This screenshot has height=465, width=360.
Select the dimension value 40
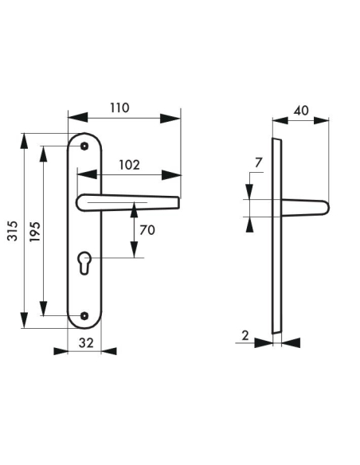pyautogui.click(x=300, y=110)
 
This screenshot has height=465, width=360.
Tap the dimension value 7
pyautogui.click(x=256, y=163)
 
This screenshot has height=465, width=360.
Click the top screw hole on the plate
pyautogui.click(x=84, y=146)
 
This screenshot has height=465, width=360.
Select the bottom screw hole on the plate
pyautogui.click(x=84, y=315)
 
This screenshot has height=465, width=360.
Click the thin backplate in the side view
pyautogui.click(x=276, y=239)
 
